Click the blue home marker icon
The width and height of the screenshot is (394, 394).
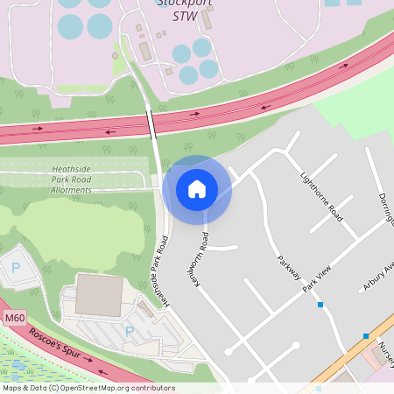point(197,189)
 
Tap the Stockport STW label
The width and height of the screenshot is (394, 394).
point(185,9)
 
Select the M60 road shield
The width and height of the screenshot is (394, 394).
point(11,317)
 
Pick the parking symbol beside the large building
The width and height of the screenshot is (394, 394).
point(130,332)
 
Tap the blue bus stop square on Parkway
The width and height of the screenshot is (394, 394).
point(321,305)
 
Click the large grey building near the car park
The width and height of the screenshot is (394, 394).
point(99,295)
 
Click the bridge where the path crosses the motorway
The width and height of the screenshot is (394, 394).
point(152,120)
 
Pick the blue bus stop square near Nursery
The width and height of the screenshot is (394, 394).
point(366,335)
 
